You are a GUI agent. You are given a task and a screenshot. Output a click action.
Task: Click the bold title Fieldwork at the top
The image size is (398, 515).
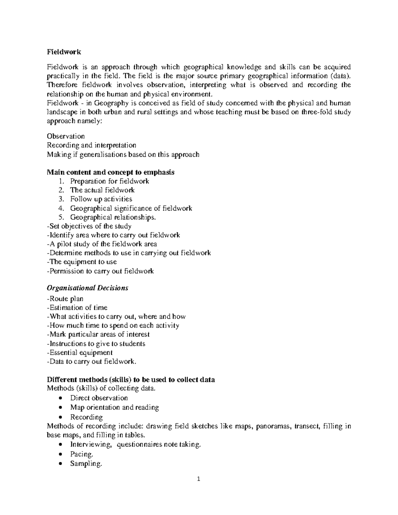click(64, 52)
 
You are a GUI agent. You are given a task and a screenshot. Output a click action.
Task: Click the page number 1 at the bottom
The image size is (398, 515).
click(199, 479)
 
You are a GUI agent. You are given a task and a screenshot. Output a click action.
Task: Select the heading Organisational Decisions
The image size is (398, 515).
click(88, 288)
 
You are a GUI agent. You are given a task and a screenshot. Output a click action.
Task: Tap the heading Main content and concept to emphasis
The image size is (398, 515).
click(111, 172)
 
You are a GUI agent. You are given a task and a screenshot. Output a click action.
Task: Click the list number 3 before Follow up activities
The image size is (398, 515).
click(60, 199)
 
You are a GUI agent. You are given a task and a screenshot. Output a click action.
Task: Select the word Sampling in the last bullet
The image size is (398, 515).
click(86, 464)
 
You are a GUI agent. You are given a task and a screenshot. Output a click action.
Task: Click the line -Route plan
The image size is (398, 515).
click(65, 299)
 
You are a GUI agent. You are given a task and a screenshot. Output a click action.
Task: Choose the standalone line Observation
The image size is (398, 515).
click(66, 136)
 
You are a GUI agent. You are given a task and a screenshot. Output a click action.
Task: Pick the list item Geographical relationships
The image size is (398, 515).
click(113, 218)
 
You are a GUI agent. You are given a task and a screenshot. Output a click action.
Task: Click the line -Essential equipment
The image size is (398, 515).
click(80, 353)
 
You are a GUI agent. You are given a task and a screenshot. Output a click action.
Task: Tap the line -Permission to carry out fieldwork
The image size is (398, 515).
click(100, 271)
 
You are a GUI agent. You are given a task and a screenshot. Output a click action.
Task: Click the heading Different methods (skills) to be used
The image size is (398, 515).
click(131, 380)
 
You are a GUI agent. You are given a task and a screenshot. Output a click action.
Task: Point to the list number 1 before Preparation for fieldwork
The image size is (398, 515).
click(60, 181)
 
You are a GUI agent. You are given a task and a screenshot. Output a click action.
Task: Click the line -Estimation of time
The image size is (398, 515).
click(77, 308)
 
